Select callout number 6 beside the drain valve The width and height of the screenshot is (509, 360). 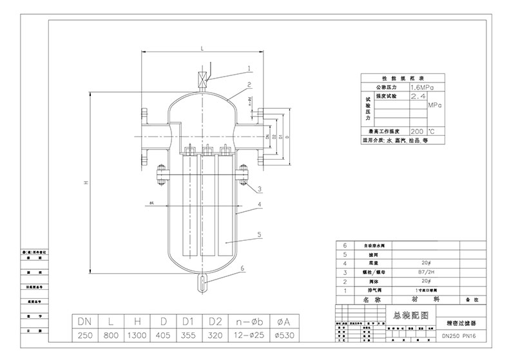242,267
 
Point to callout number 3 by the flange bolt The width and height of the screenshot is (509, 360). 258,189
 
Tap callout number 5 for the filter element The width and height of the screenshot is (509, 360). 260,236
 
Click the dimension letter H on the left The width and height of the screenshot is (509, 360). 84,184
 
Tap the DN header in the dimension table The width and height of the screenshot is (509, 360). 85,321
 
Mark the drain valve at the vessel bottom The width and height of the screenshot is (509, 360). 201,281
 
